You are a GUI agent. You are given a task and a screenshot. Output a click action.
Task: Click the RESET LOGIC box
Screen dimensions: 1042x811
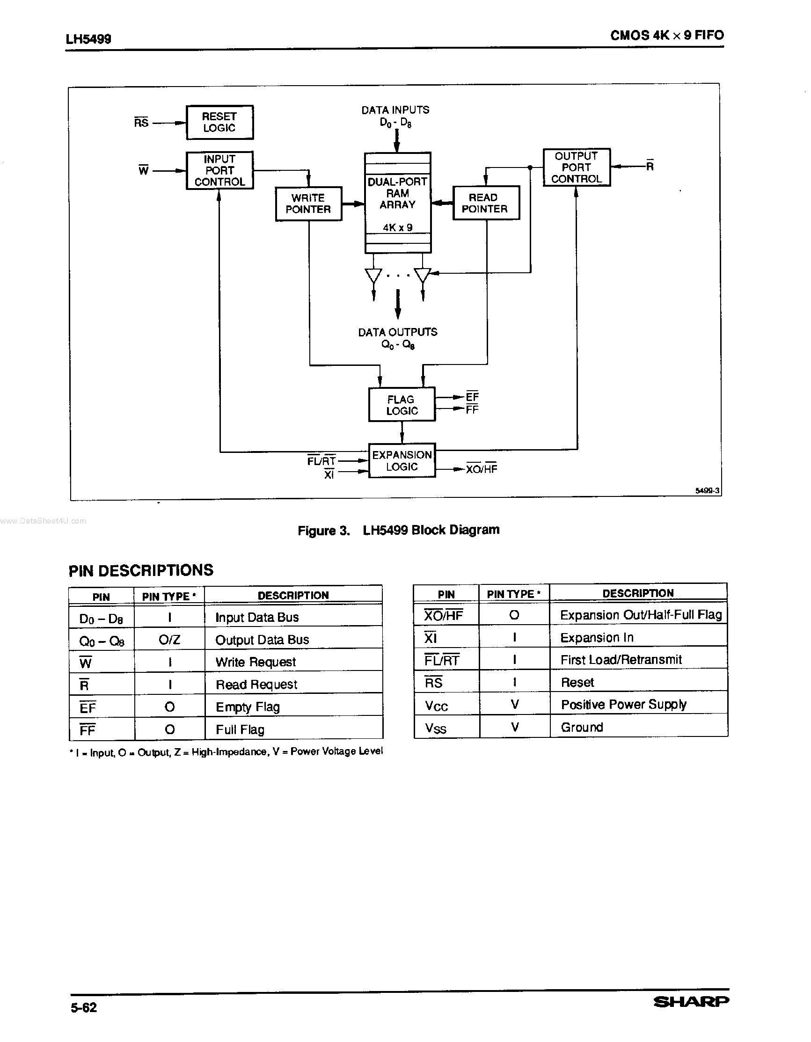point(219,122)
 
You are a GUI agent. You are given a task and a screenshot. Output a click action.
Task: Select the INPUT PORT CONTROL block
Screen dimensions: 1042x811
point(219,170)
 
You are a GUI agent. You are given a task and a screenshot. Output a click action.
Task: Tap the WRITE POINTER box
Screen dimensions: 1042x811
point(308,204)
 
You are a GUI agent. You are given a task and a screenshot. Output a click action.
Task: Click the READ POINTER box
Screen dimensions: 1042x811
point(485,203)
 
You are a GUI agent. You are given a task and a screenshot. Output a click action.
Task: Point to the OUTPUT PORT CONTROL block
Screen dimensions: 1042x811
point(576,167)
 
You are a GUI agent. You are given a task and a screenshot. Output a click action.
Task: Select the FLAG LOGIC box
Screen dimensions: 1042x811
point(402,405)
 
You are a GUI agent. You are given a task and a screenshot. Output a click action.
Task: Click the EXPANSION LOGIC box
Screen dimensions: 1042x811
point(402,460)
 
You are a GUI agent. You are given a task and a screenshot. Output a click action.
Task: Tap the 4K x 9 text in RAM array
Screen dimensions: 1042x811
point(397,227)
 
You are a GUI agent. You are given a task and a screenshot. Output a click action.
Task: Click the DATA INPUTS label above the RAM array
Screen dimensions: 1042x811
point(395,110)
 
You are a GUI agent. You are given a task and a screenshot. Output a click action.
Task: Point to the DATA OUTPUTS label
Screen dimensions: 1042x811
point(397,332)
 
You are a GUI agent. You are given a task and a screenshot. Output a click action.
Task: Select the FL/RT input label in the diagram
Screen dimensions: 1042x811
point(321,461)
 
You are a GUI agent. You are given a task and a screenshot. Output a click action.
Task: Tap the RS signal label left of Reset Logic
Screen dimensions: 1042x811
point(141,123)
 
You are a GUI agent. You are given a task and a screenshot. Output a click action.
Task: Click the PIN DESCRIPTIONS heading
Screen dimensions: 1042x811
point(141,570)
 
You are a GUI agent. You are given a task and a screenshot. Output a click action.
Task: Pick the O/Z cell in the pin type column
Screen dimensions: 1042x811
point(169,639)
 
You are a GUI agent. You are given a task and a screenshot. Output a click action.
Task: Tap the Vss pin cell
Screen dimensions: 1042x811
point(436,728)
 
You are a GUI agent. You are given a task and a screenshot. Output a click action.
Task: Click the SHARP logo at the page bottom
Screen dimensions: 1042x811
point(690,1002)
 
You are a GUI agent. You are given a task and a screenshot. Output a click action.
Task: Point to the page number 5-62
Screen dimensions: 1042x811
point(84,1008)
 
